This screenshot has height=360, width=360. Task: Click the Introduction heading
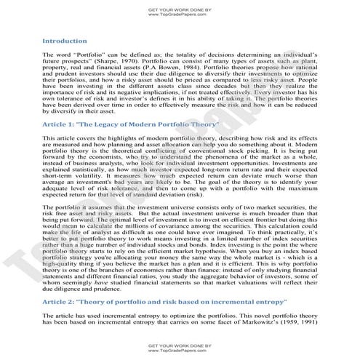click(65, 41)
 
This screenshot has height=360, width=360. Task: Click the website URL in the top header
click(180, 14)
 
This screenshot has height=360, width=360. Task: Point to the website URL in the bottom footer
click(180, 348)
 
